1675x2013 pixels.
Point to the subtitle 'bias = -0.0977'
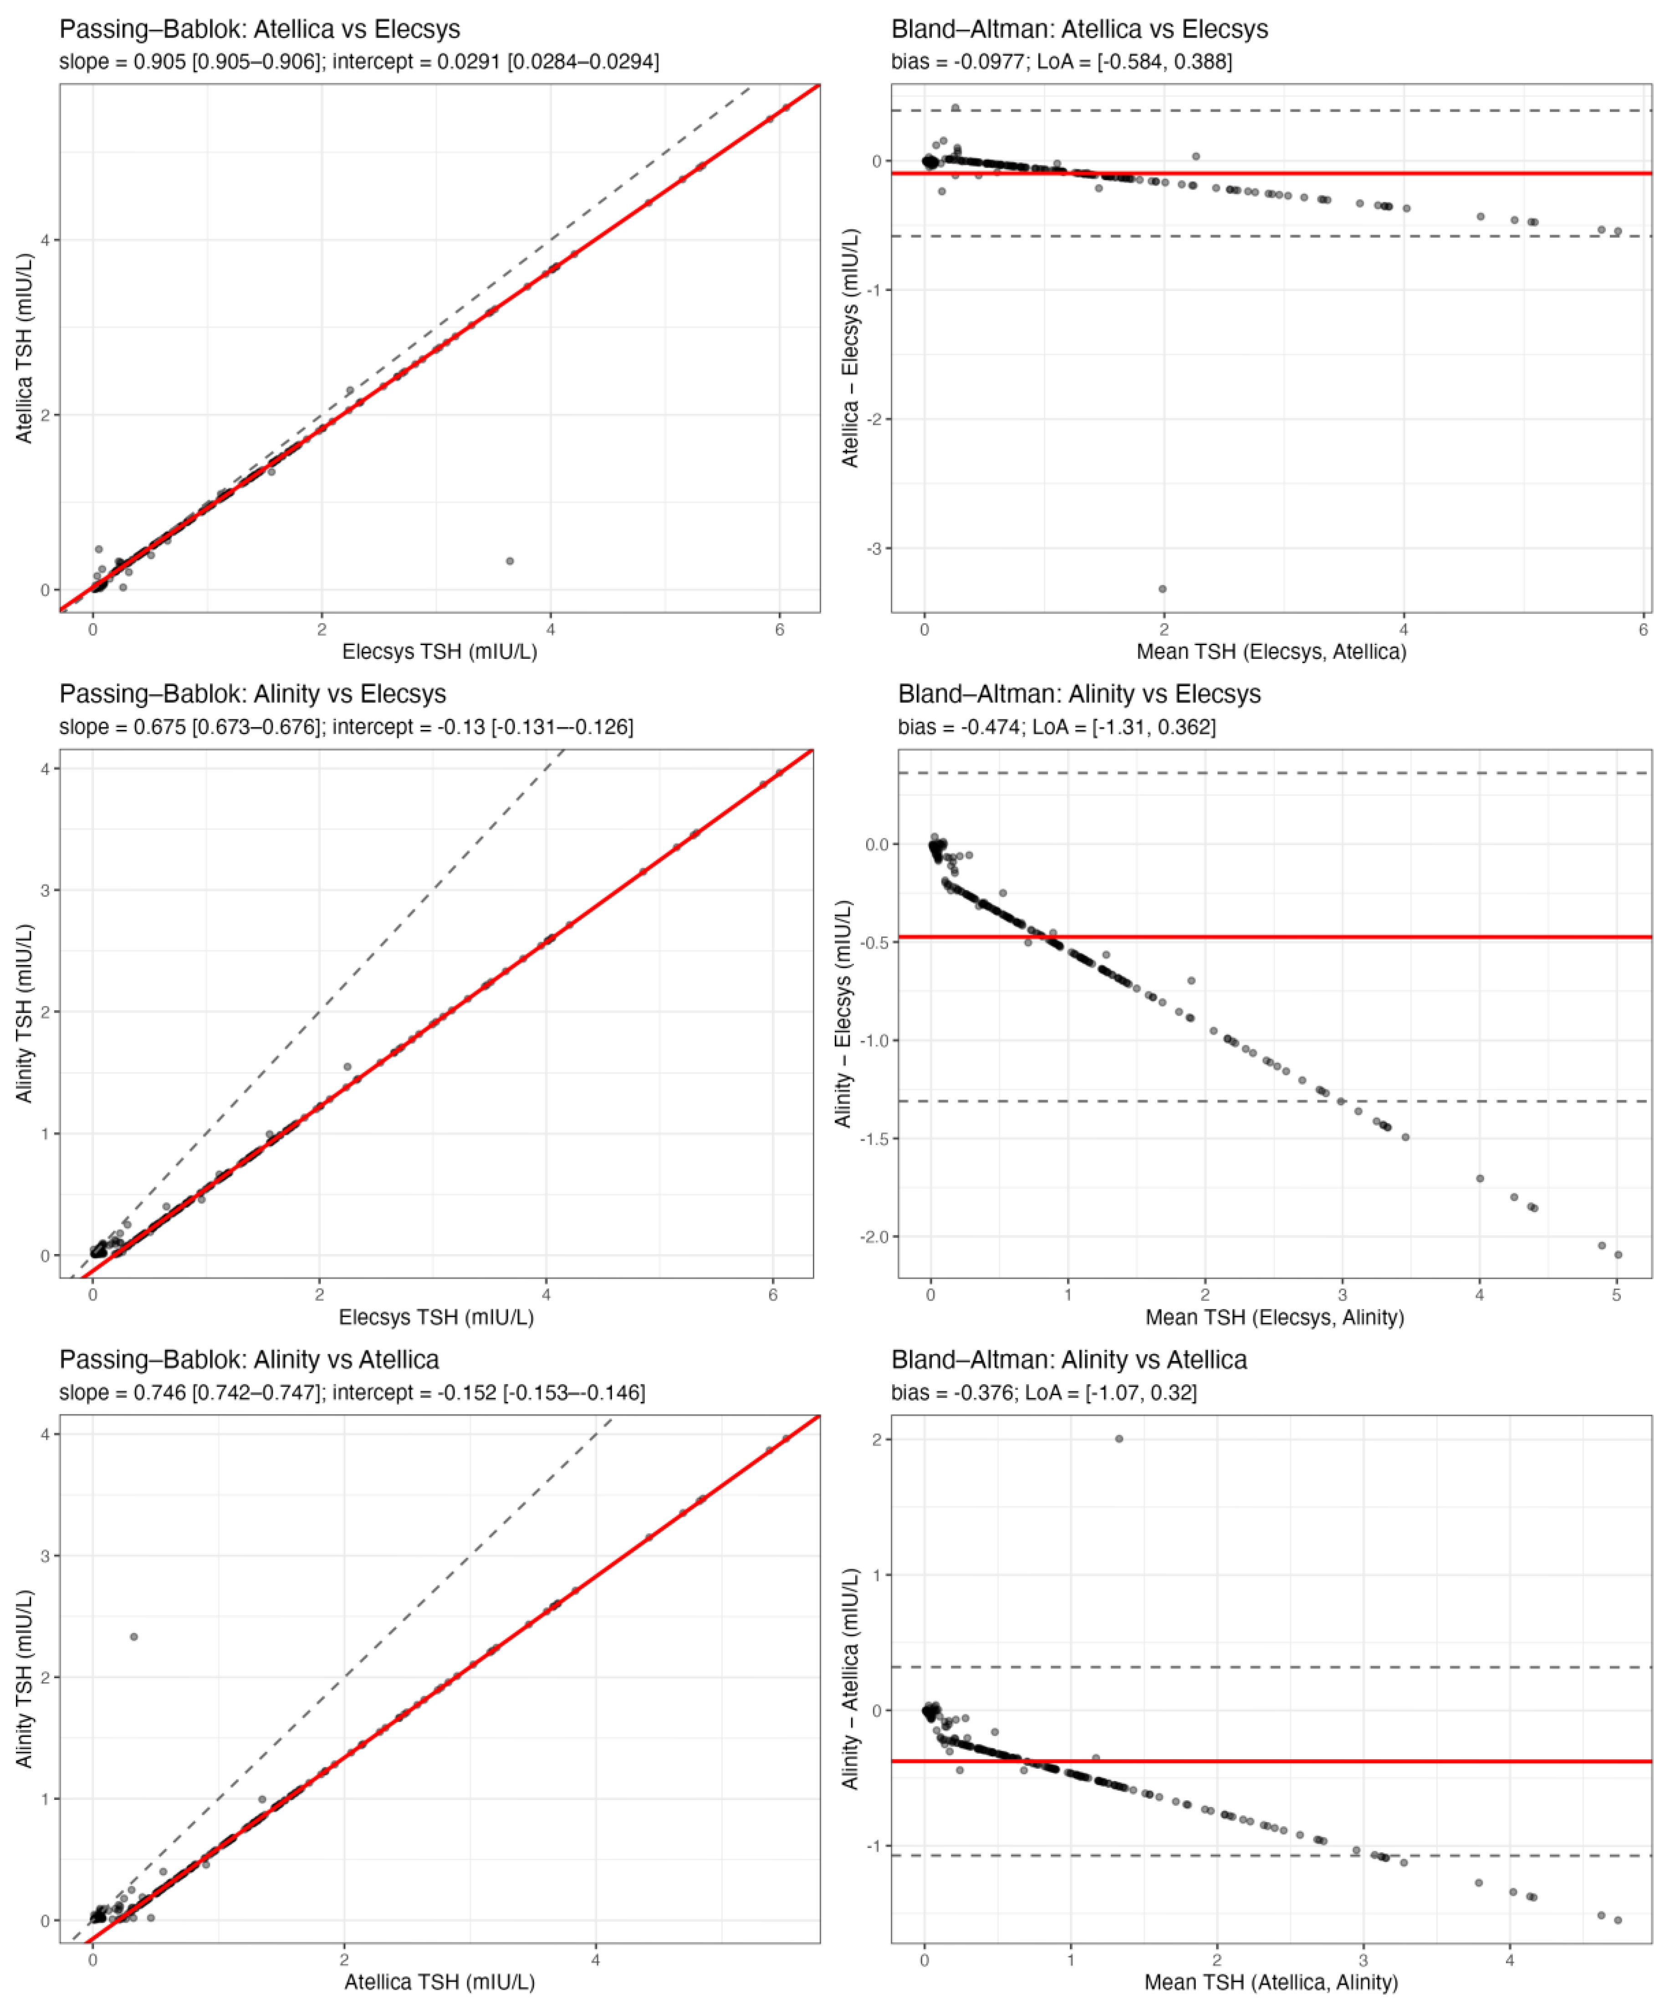point(1061,62)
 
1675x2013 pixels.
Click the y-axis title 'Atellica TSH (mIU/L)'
point(24,348)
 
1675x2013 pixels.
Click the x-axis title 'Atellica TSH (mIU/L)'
point(439,1982)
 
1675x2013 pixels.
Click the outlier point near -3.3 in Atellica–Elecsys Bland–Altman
point(1162,589)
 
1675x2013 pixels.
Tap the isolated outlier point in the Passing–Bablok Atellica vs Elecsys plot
point(510,561)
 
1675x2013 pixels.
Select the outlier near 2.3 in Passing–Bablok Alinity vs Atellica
point(134,1636)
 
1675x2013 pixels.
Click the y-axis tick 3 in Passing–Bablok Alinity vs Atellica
point(45,1556)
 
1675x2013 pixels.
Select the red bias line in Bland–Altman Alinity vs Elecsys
point(1342,936)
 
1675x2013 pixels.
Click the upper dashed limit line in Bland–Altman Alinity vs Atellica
point(1342,1668)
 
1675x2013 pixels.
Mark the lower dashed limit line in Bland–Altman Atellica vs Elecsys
point(1342,236)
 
